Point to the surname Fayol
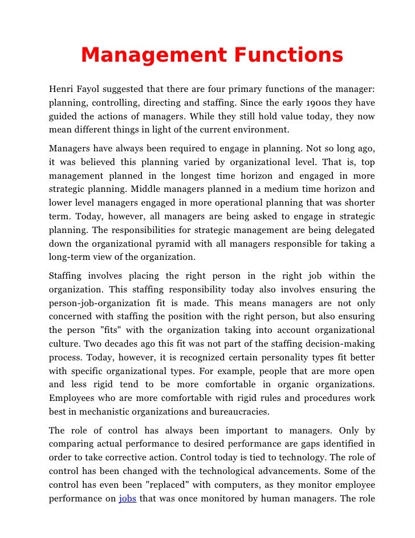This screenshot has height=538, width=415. coord(88,89)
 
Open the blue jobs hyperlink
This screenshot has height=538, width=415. coord(128,499)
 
